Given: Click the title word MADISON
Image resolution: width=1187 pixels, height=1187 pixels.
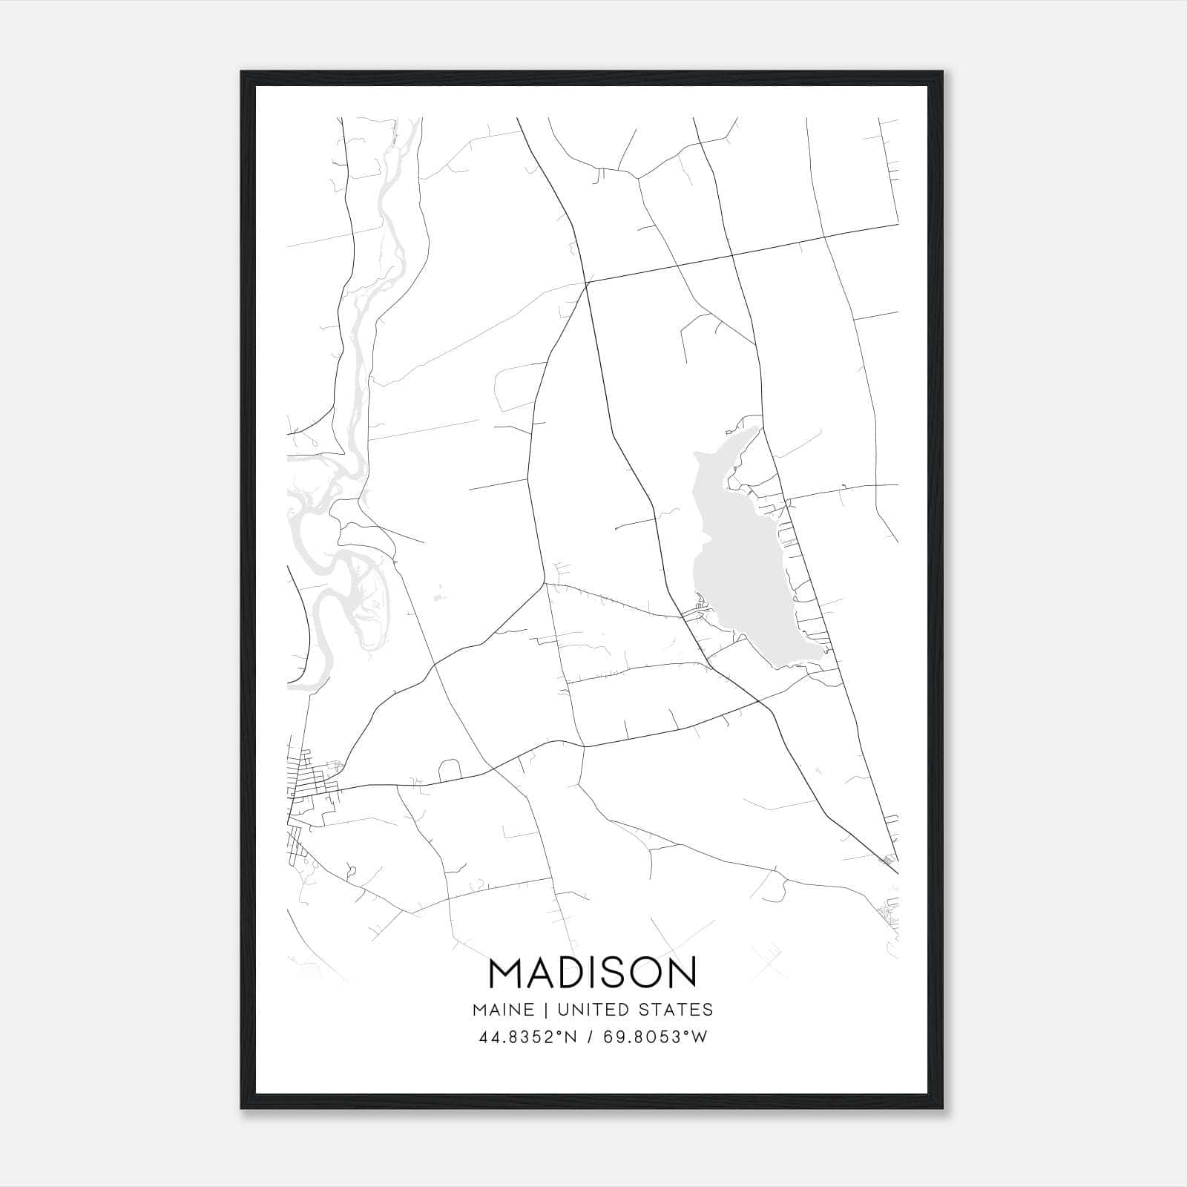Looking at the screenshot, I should click(593, 972).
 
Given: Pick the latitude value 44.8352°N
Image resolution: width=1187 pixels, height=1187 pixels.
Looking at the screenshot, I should click(528, 1037).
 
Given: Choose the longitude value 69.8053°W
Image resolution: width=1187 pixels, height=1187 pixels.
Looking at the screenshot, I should click(654, 1037).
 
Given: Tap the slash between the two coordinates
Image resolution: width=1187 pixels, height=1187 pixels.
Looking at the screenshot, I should click(591, 1037).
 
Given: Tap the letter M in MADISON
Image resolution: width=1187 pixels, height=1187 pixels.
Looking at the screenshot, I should click(504, 972).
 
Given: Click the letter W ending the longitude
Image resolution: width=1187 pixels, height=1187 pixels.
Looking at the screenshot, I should click(700, 1037).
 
